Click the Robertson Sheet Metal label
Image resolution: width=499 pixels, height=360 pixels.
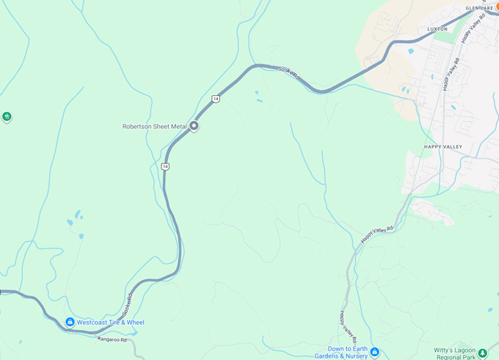(155, 126)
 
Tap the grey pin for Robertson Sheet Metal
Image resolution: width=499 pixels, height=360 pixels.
(194, 126)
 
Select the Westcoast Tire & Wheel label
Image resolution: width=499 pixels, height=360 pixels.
(111, 323)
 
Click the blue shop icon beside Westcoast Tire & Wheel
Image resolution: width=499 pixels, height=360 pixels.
(70, 322)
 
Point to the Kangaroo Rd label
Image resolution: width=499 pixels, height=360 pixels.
(112, 339)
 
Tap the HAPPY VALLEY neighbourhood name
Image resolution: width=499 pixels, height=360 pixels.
(443, 147)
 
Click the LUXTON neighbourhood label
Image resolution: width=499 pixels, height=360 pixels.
(437, 29)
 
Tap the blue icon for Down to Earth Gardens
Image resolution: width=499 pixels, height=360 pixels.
(374, 352)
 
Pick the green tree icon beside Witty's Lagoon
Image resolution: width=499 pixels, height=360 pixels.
(481, 352)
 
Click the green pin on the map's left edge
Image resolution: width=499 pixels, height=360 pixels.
(7, 116)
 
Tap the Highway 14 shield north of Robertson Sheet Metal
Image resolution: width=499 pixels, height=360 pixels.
(216, 98)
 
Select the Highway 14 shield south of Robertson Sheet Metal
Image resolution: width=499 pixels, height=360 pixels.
(166, 167)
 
